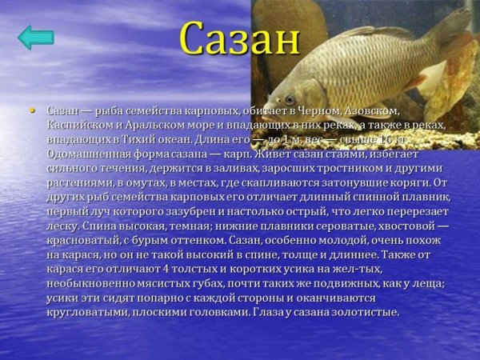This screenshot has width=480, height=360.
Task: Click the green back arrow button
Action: coord(35,38)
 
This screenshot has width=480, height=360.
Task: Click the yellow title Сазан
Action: coord(239,38)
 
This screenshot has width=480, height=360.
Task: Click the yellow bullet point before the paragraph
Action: coord(33,108)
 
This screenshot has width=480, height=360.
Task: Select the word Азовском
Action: coord(370,109)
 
